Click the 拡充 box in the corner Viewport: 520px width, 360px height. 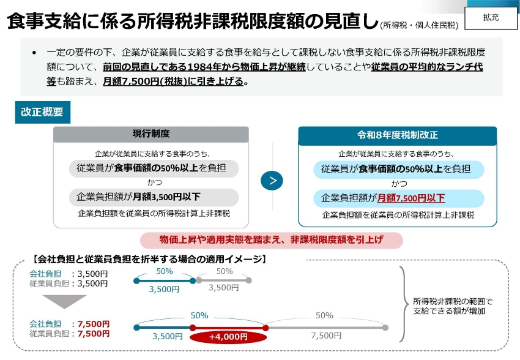tap(491, 18)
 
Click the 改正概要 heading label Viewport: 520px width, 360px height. tap(42, 112)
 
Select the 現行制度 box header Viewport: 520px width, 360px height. tap(151, 134)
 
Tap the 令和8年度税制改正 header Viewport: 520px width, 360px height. tap(397, 135)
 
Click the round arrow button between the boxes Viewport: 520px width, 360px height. tap(272, 181)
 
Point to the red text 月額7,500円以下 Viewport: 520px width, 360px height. tap(411, 198)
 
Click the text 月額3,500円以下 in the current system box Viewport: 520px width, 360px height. tap(166, 197)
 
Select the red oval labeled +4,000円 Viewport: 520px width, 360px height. tap(228, 337)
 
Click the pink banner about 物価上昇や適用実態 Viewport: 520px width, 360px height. tap(271, 240)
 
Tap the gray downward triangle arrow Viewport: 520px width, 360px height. tap(64, 301)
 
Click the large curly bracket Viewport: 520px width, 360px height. tap(404, 304)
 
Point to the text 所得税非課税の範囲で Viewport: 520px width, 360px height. tap(453, 302)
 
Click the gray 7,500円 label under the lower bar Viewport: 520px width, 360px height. tap(326, 336)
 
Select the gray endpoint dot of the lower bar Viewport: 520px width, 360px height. tap(385, 328)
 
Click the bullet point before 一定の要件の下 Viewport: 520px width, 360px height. tap(34, 53)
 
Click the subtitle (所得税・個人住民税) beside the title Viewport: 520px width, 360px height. tap(420, 25)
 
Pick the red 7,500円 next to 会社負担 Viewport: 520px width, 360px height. tap(94, 324)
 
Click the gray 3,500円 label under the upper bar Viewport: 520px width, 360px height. tap(223, 288)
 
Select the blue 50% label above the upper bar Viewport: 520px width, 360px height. tap(165, 271)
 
